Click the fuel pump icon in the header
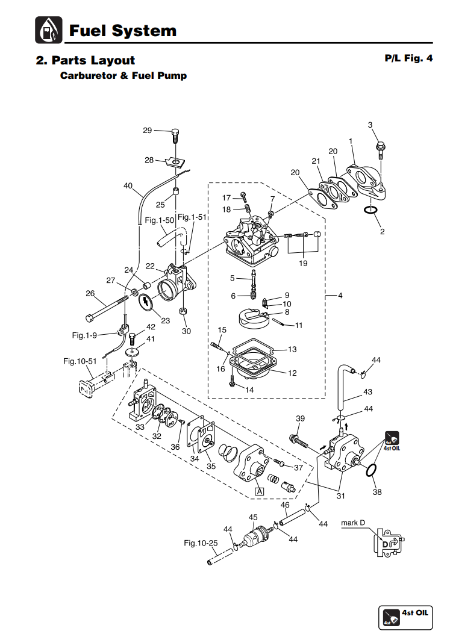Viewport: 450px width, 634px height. pos(48,30)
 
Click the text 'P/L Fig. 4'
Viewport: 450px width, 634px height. pos(408,59)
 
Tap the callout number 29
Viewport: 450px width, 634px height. pos(148,130)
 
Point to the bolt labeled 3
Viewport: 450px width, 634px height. pos(381,146)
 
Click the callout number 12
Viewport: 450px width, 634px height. pos(292,373)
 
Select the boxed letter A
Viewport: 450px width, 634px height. pos(260,491)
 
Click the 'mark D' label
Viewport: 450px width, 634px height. pos(353,523)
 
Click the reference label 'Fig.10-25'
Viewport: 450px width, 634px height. pos(201,543)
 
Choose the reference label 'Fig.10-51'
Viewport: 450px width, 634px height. pos(80,361)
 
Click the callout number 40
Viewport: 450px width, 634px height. pos(128,186)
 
